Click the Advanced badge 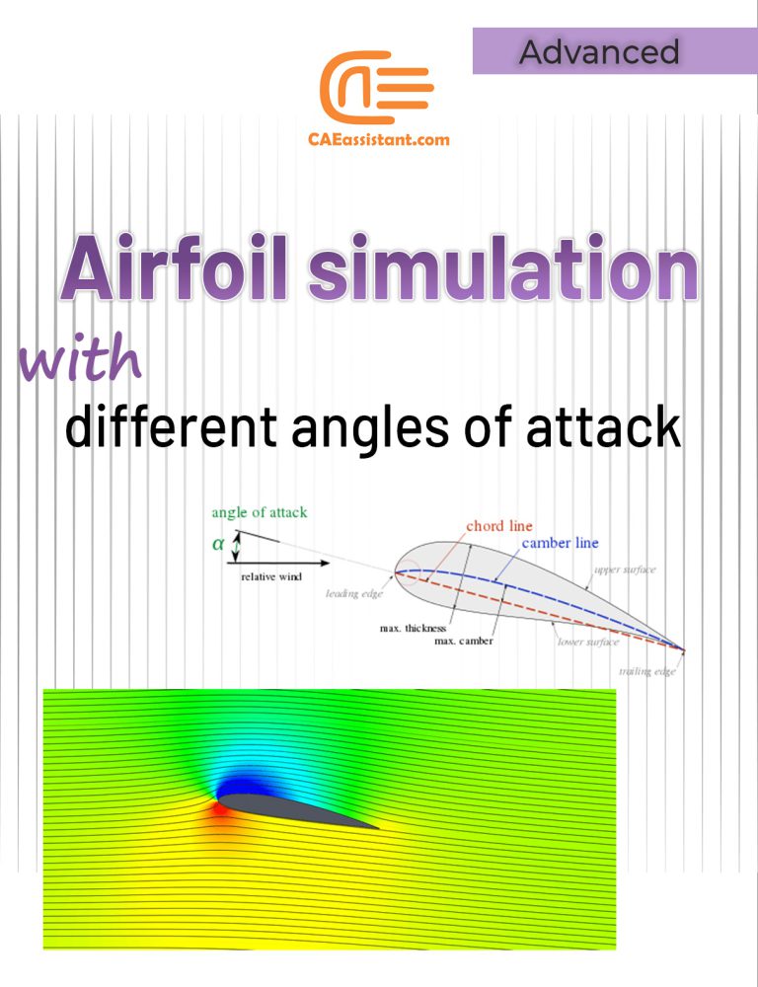click(599, 52)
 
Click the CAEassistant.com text click(379, 139)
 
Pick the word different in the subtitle click(170, 428)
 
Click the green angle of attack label click(260, 512)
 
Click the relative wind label click(271, 576)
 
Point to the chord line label click(498, 526)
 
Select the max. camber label click(463, 642)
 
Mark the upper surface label click(624, 570)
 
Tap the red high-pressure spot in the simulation click(219, 811)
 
